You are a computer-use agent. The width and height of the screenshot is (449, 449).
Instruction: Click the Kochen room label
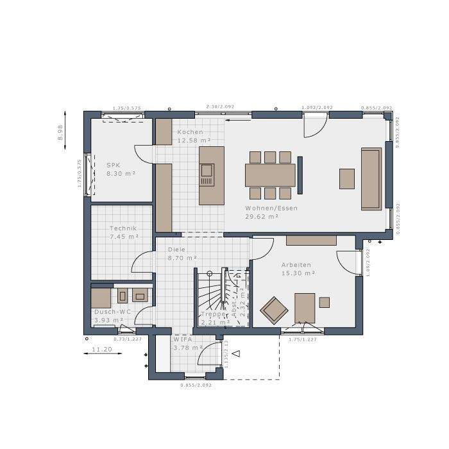[x=190, y=132]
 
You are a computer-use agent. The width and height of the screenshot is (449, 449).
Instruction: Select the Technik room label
[x=123, y=228]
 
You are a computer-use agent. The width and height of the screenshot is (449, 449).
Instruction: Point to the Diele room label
[x=176, y=250]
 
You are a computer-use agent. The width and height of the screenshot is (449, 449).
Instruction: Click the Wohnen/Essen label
[x=271, y=208]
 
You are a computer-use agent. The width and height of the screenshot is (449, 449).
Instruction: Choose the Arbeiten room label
[x=296, y=265]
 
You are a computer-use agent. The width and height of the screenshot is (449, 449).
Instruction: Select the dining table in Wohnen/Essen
[x=270, y=174]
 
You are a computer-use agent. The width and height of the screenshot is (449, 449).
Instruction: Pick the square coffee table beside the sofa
[x=347, y=178]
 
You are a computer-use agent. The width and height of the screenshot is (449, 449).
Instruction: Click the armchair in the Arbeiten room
[x=275, y=309]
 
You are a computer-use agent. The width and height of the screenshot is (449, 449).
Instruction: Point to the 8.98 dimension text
[x=60, y=132]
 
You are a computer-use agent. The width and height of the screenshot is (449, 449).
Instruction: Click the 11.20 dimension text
[x=102, y=350]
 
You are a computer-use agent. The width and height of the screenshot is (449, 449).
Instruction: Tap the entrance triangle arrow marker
[x=236, y=352]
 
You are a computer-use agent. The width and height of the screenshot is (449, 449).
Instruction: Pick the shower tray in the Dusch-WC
[x=101, y=298]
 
